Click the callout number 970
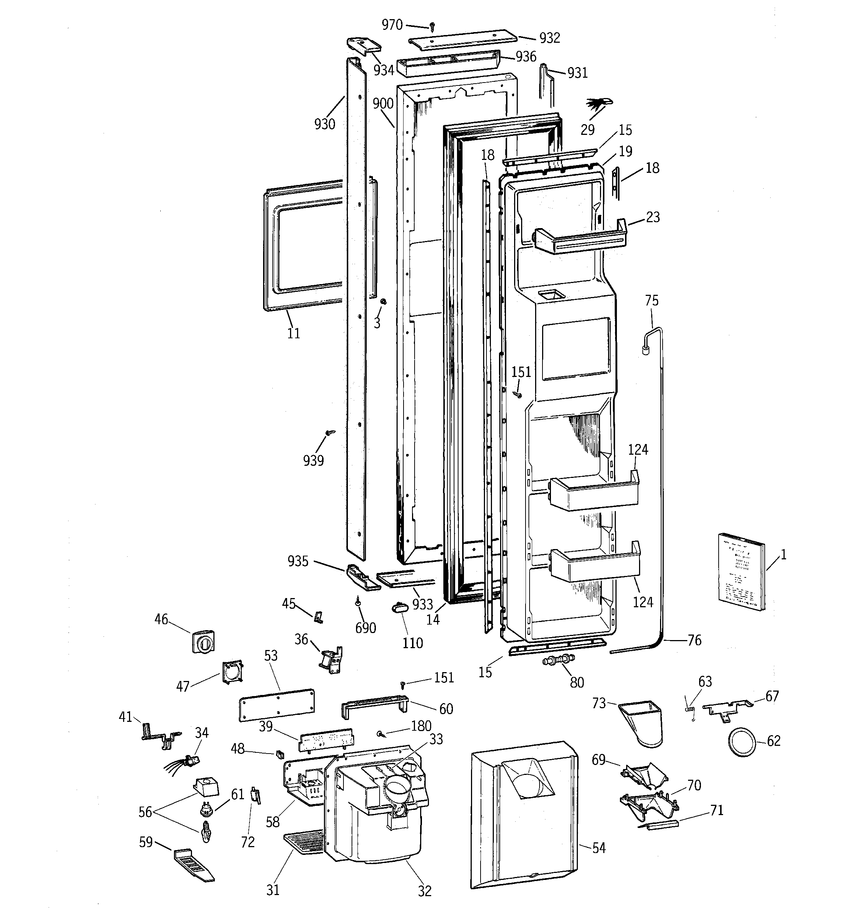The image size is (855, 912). (x=392, y=25)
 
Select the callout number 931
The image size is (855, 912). (x=577, y=73)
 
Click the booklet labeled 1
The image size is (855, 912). (x=741, y=572)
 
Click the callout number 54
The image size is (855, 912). (x=598, y=848)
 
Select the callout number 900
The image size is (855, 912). (x=383, y=104)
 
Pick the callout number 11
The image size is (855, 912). (x=293, y=333)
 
